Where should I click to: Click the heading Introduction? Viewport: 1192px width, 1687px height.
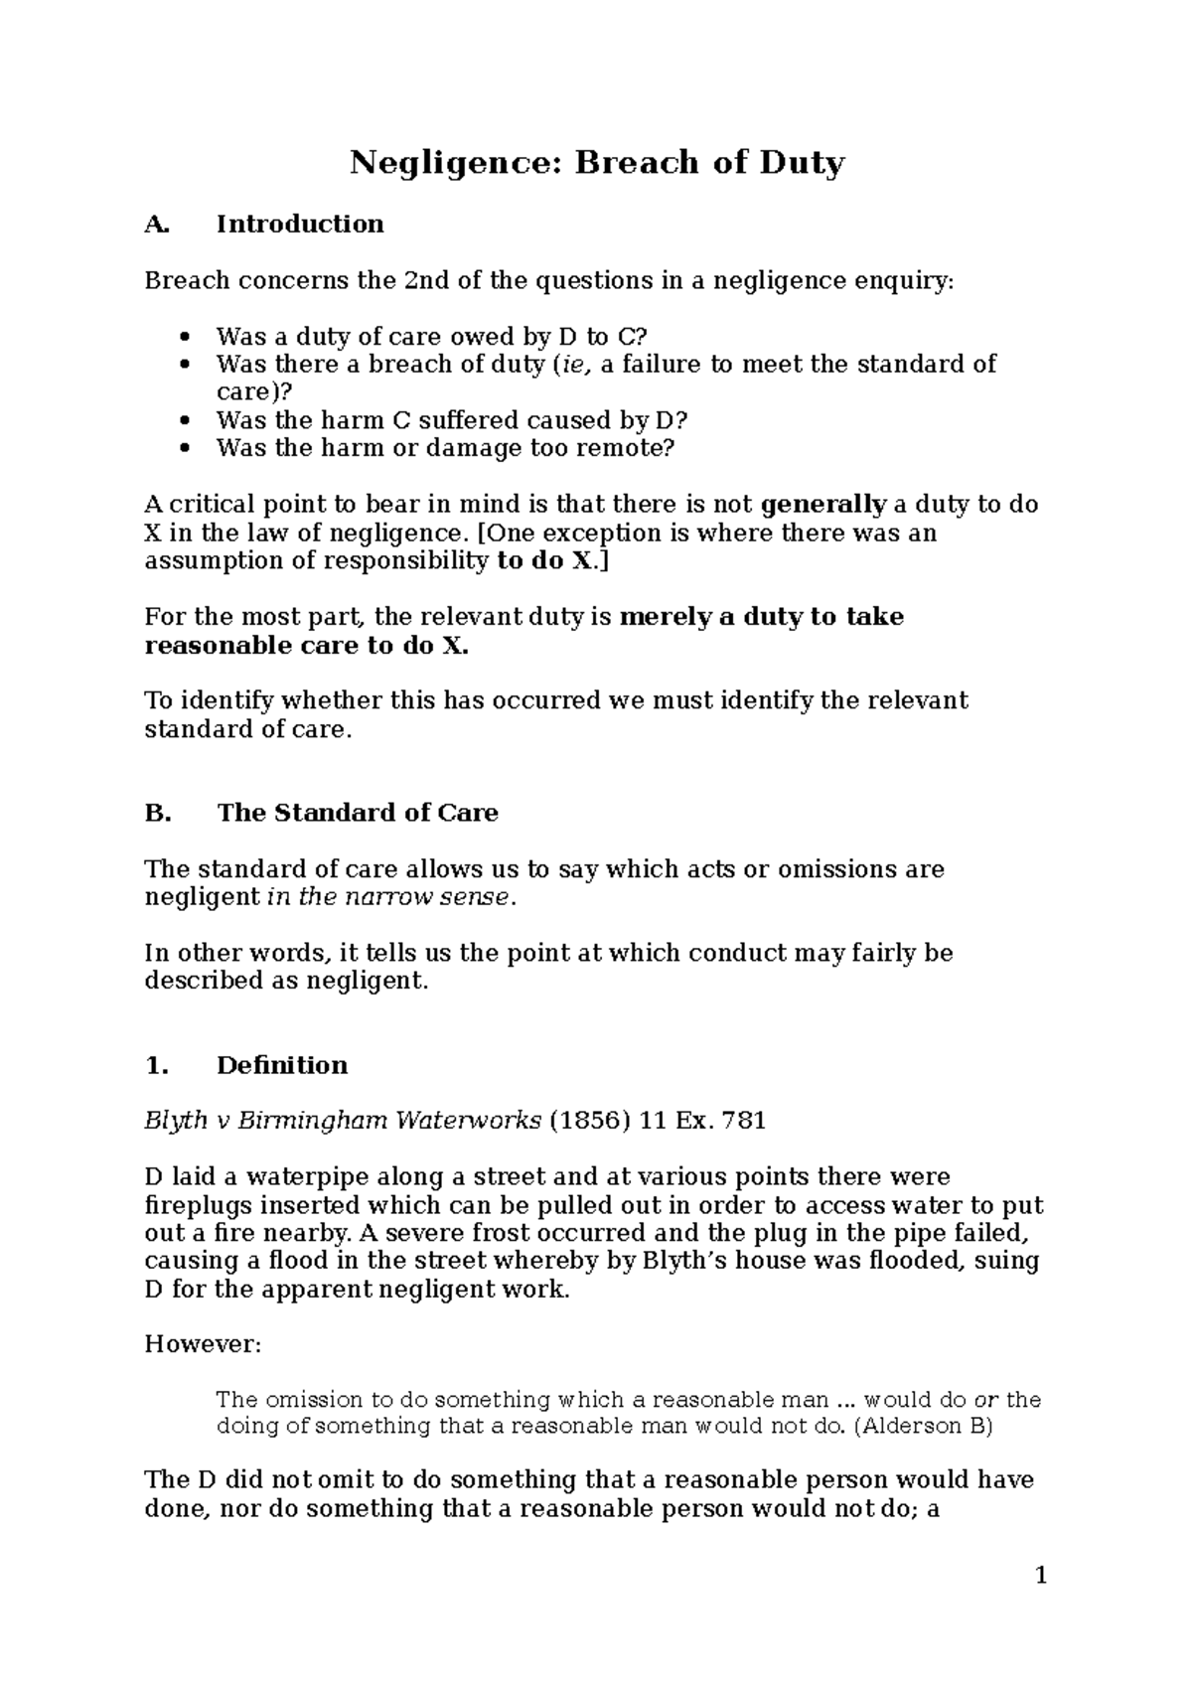(300, 224)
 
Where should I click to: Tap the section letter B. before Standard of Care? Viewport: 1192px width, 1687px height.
(158, 813)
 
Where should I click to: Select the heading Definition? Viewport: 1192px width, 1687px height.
(282, 1065)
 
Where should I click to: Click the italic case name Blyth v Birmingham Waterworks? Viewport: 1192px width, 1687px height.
(343, 1121)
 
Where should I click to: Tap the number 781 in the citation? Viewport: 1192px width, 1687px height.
(745, 1121)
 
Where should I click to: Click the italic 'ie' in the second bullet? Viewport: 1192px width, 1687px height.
(573, 365)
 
